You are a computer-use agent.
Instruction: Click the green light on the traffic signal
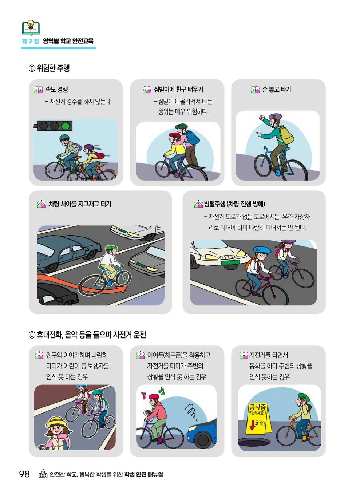click(66, 126)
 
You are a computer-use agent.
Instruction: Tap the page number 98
click(24, 474)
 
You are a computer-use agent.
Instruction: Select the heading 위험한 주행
click(53, 68)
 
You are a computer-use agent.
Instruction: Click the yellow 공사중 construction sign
click(258, 419)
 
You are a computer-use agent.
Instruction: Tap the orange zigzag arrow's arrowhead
click(122, 289)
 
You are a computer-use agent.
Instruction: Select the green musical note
click(161, 390)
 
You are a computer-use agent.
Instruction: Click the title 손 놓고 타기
click(276, 90)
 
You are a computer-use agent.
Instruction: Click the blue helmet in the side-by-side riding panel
click(262, 250)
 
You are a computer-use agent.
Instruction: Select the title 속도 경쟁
click(56, 90)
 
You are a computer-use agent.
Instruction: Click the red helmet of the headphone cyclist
click(154, 396)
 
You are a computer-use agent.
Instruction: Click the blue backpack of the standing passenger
click(192, 137)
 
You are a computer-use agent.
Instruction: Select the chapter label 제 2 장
click(31, 41)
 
